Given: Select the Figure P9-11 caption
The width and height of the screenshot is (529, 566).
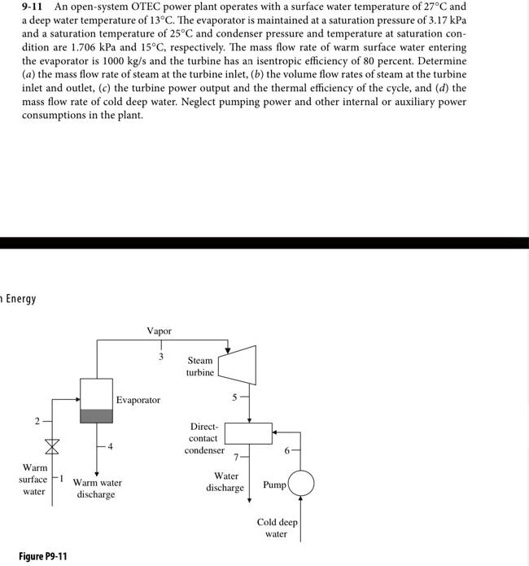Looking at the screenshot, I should click(43, 556).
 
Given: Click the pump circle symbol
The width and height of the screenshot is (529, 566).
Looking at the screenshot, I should click(301, 484).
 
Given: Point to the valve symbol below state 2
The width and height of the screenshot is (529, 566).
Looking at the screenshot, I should click(53, 446).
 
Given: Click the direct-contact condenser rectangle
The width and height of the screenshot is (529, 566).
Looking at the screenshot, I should click(248, 432).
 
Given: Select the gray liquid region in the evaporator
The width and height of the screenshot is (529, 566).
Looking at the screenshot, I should click(96, 415).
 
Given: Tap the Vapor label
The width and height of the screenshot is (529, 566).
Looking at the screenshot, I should click(160, 331).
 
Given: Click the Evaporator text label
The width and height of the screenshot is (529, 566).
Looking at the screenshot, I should click(138, 400).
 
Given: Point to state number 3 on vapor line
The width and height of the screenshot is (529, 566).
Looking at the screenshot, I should click(160, 357).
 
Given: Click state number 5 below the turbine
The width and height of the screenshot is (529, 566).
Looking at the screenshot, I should click(234, 398).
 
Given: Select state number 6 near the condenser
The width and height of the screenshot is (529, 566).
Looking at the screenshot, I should click(286, 449).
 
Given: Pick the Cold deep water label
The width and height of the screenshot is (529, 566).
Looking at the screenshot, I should click(277, 528).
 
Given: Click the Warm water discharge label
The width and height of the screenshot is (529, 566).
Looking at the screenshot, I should click(97, 489).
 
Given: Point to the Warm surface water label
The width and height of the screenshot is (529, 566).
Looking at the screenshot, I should click(33, 480).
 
